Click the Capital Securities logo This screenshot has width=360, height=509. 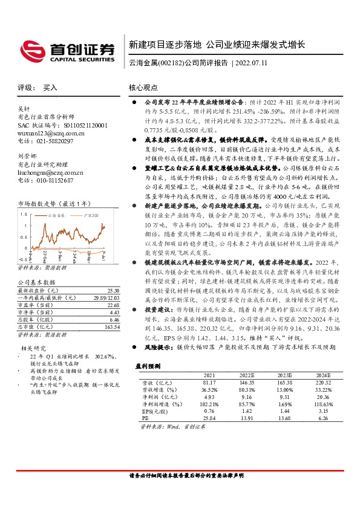[67, 50]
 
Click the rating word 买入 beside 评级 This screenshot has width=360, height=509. [50, 88]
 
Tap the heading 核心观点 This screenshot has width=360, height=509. [143, 88]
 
